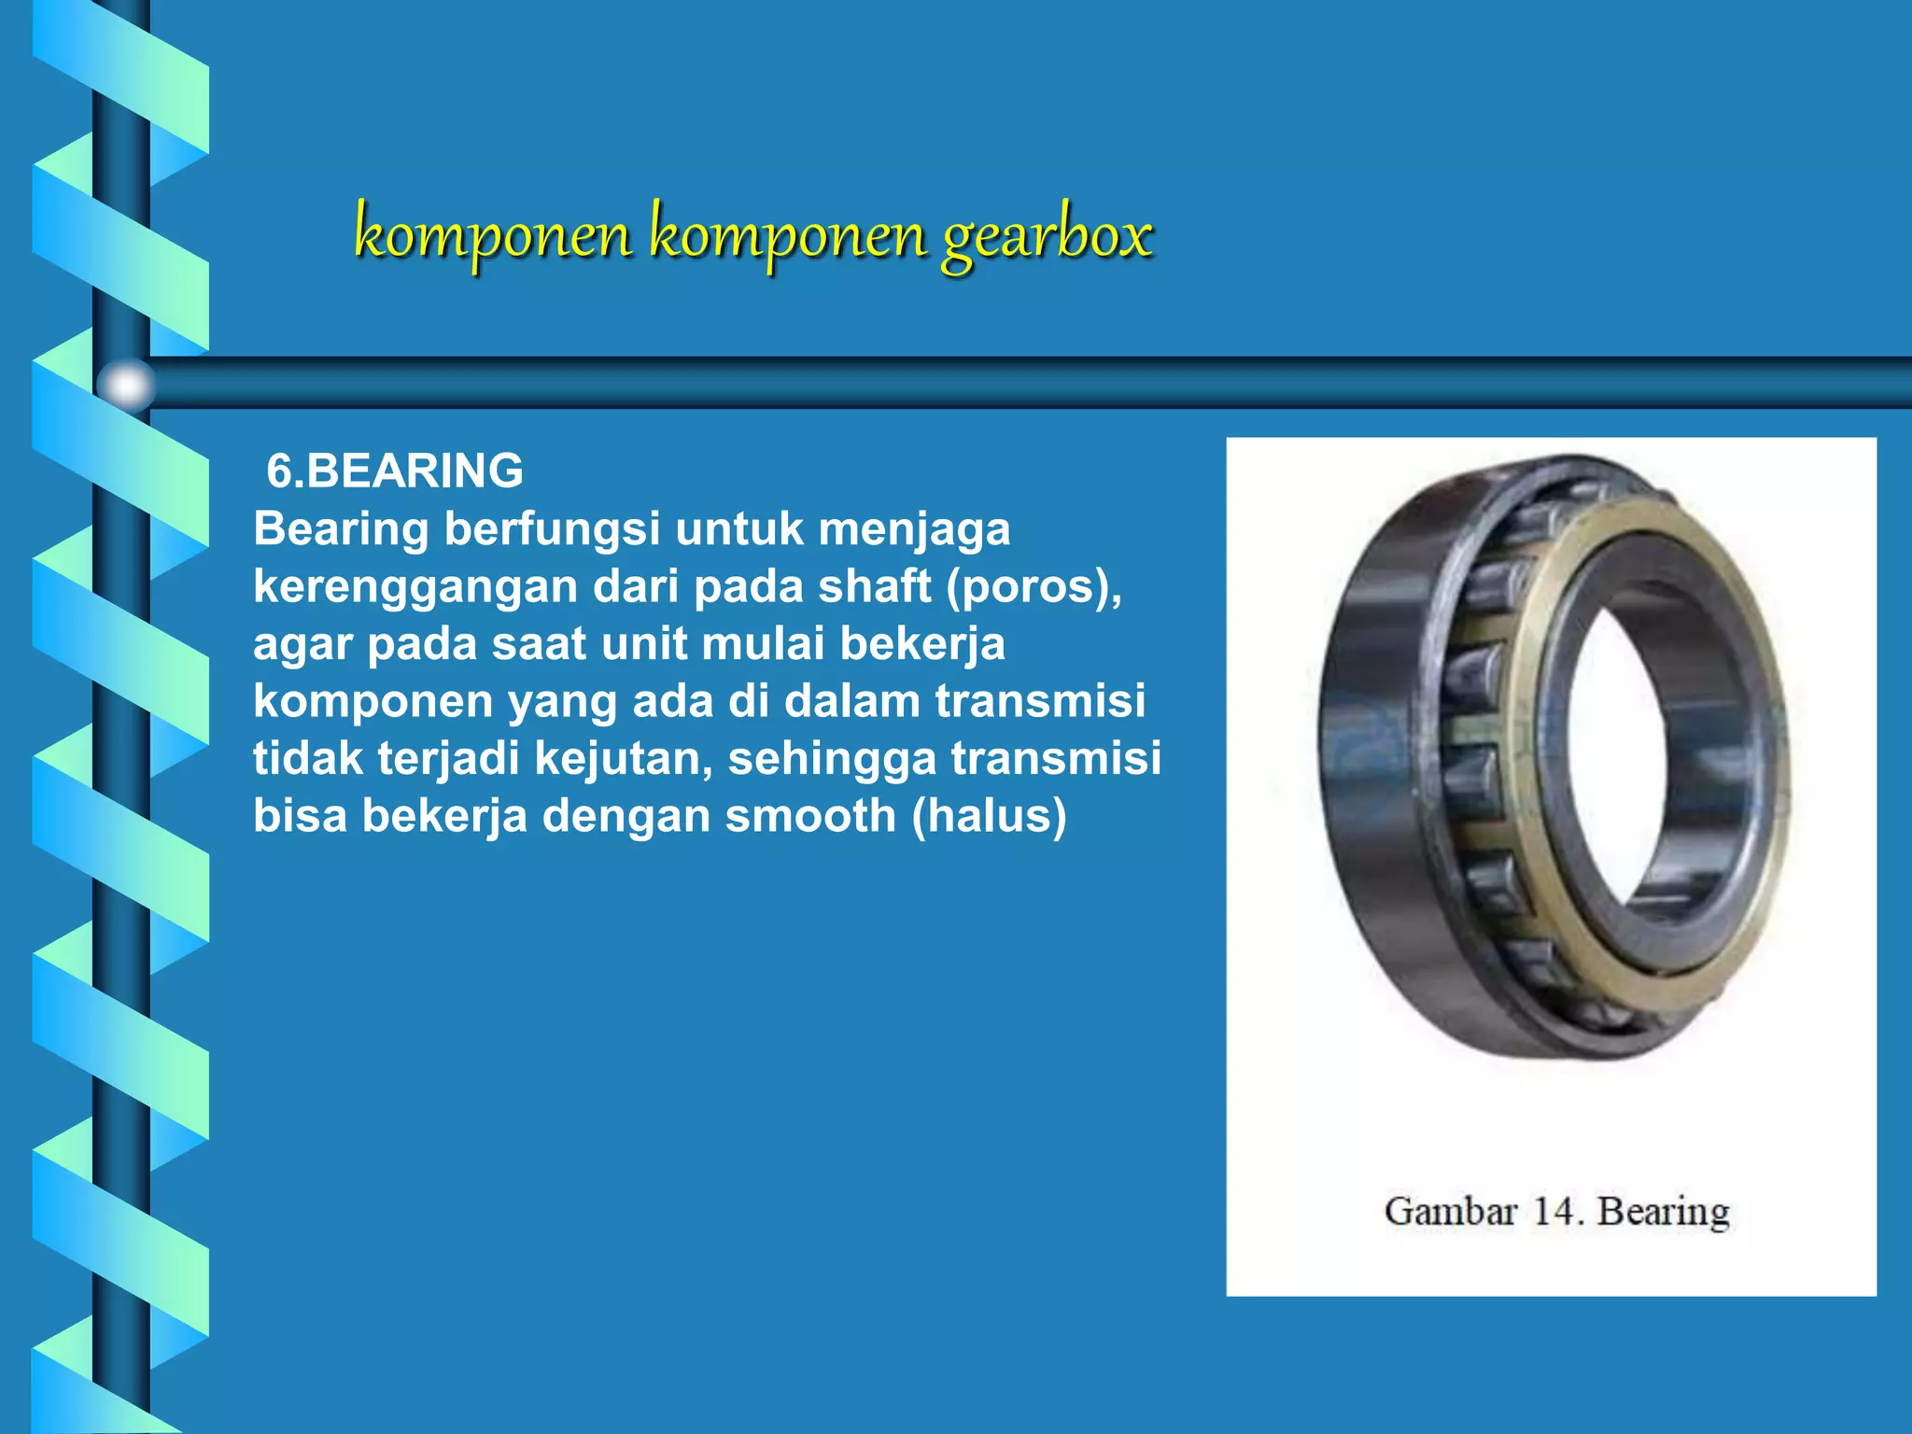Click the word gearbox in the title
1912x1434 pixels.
(x=1047, y=235)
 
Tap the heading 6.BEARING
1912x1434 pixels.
(x=395, y=471)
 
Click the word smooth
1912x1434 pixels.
(x=810, y=816)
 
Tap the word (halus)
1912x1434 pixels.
(x=989, y=816)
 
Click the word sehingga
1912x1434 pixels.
(x=832, y=758)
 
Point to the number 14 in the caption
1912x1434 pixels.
(x=1557, y=1211)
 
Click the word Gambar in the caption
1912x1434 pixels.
(x=1450, y=1211)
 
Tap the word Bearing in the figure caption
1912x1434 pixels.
(x=1664, y=1212)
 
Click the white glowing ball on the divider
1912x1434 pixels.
(x=126, y=385)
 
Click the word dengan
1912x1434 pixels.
(x=626, y=816)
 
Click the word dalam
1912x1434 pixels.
(x=851, y=701)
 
